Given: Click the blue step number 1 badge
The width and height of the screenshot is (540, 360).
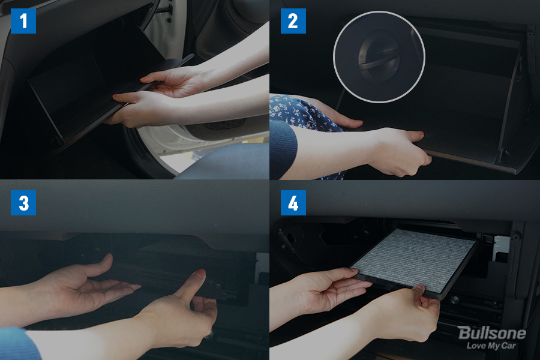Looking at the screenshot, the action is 23,21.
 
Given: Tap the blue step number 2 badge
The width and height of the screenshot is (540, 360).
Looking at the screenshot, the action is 293,21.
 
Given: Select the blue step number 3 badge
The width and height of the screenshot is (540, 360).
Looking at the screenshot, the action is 23,203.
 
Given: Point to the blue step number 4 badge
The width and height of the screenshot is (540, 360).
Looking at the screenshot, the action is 293,203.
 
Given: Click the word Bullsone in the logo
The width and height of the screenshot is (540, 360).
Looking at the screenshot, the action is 492,333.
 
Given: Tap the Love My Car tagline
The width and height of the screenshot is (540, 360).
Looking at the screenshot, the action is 491,346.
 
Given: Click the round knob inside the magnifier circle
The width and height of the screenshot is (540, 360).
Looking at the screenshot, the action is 379,57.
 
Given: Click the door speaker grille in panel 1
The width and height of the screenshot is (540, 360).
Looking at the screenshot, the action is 224,124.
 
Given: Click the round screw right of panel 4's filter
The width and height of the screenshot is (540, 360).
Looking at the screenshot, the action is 455,299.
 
